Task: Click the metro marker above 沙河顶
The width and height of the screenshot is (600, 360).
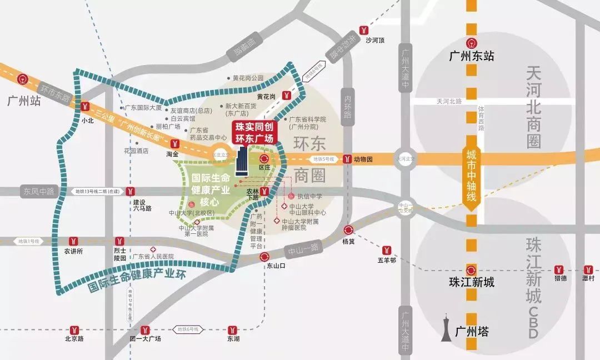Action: click(364, 30)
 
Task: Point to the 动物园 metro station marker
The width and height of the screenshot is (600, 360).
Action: click(347, 159)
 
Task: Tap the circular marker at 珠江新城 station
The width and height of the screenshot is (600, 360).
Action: click(471, 268)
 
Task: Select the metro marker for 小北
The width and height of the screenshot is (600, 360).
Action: click(85, 107)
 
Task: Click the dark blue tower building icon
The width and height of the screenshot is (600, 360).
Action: click(242, 162)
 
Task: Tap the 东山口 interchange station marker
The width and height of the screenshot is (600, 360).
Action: click(264, 257)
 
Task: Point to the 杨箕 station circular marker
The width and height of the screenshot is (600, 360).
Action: click(348, 231)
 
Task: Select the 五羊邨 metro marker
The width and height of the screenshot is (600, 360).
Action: click(386, 249)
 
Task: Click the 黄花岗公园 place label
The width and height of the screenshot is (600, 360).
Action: click(248, 78)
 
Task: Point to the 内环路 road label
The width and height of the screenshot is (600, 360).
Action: click(348, 106)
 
